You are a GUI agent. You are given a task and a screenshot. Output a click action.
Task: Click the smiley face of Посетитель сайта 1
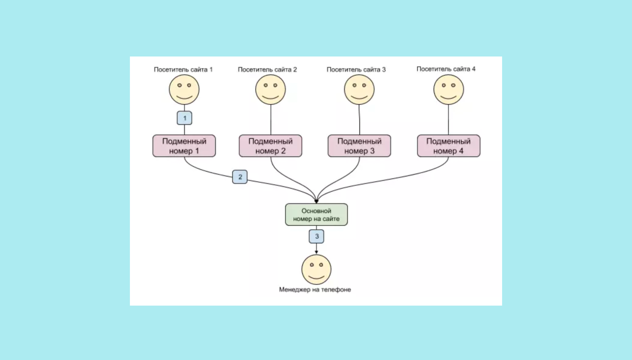tap(184, 90)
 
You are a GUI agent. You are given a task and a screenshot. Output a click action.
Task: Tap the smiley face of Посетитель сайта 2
tap(270, 90)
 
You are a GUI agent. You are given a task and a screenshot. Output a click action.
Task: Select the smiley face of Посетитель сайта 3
tap(359, 90)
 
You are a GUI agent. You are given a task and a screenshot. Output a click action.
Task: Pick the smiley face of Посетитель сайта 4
tap(448, 90)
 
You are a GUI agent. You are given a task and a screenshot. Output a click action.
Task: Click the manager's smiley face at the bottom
tap(316, 269)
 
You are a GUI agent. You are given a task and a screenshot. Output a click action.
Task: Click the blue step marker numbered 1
tap(184, 118)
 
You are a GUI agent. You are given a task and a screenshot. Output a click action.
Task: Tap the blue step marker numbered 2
tap(240, 177)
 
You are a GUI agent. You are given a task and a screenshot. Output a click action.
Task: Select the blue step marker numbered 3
tap(316, 236)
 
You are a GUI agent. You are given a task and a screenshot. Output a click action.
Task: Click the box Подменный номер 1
tap(184, 146)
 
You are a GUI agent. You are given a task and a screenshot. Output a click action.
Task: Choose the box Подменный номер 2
tap(270, 146)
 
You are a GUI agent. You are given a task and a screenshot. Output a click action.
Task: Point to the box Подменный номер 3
tap(359, 146)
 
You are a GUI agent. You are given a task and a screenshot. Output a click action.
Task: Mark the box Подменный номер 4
tap(448, 146)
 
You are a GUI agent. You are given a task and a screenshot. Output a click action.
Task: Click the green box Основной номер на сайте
tap(316, 214)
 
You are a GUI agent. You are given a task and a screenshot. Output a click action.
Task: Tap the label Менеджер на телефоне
tap(315, 289)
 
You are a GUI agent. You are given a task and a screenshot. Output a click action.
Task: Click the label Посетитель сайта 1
tap(183, 69)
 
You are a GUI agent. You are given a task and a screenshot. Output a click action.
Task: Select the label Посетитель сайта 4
tap(446, 69)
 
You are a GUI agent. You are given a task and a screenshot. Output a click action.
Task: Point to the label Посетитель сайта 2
tap(267, 69)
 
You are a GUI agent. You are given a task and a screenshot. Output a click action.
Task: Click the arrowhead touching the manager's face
tap(316, 252)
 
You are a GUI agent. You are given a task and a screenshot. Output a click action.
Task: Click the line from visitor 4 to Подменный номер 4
tap(448, 120)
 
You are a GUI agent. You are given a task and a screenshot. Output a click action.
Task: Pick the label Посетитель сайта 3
tap(356, 69)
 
